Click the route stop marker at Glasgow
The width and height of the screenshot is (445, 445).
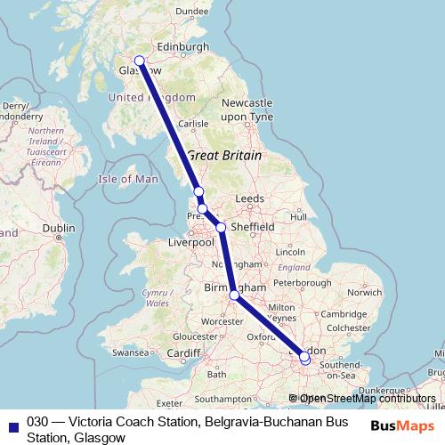pos(139,61)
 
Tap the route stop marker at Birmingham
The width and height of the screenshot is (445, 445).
pos(234,295)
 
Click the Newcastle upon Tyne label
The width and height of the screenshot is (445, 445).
pos(247,109)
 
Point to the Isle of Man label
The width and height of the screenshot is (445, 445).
pos(128,179)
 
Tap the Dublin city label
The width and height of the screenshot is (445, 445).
pos(58,228)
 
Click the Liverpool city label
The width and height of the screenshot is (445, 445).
pos(191,242)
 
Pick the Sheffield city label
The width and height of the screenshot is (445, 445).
pos(252,227)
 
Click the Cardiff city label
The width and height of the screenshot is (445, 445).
pos(184,352)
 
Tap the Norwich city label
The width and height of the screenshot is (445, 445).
pos(365,291)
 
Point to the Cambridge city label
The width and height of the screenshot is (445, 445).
pos(344,313)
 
